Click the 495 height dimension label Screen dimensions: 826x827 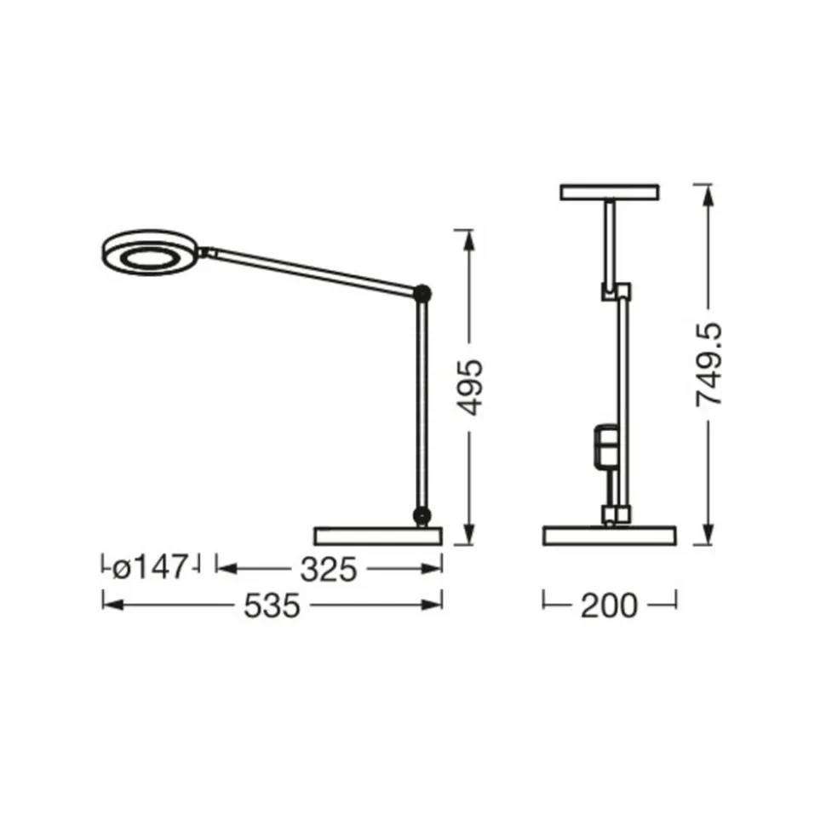(469, 387)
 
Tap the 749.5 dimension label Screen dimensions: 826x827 (708, 365)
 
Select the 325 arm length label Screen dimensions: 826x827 (329, 570)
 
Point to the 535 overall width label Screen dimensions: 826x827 (272, 606)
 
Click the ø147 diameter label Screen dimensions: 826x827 (151, 567)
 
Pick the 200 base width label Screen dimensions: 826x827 (609, 606)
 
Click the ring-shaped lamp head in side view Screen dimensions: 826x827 (149, 253)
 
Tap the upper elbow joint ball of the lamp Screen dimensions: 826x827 (422, 293)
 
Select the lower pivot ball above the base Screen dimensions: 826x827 (422, 515)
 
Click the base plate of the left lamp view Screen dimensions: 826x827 (378, 536)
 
